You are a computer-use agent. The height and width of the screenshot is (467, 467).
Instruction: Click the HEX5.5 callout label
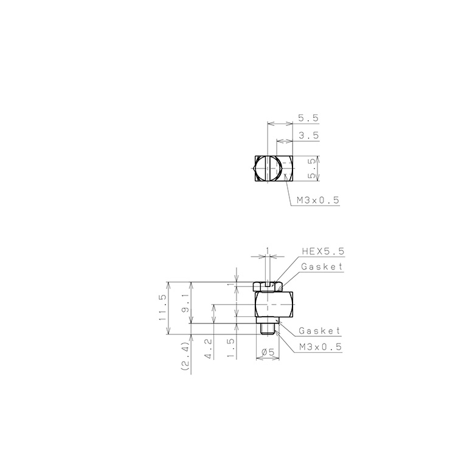pyautogui.click(x=323, y=251)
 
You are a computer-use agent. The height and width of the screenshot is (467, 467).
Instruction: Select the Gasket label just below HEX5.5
pyautogui.click(x=322, y=266)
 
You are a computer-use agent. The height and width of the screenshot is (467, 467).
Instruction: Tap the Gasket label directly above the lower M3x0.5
pyautogui.click(x=319, y=331)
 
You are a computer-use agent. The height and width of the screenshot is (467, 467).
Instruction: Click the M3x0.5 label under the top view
pyautogui.click(x=318, y=200)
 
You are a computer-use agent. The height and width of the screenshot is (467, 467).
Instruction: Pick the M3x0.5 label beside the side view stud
pyautogui.click(x=321, y=347)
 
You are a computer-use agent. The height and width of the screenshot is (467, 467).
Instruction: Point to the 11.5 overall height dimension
pyautogui.click(x=162, y=307)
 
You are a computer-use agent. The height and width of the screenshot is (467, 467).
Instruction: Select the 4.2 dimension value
pyautogui.click(x=209, y=348)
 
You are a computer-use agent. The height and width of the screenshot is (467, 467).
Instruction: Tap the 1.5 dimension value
pyautogui.click(x=231, y=348)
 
